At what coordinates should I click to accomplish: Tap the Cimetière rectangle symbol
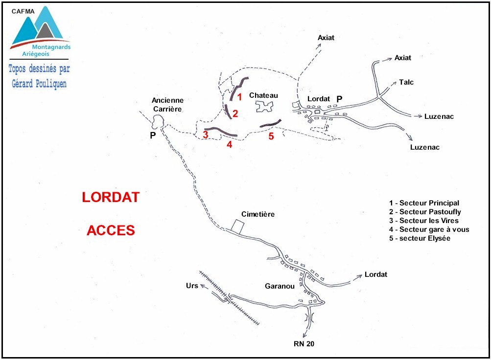pyautogui.click(x=238, y=226)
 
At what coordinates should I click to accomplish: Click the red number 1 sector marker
pyautogui.click(x=239, y=97)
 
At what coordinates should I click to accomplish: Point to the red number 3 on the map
pyautogui.click(x=206, y=135)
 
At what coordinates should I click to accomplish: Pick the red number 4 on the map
pyautogui.click(x=229, y=144)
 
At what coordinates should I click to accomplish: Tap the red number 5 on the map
pyautogui.click(x=271, y=136)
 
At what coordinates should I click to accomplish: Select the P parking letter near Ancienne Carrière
pyautogui.click(x=153, y=135)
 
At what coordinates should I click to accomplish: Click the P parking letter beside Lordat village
pyautogui.click(x=339, y=99)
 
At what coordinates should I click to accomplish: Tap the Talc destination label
pyautogui.click(x=406, y=82)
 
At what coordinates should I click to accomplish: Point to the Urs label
pyautogui.click(x=192, y=285)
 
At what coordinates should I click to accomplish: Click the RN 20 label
pyautogui.click(x=304, y=343)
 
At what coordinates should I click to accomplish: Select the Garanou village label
pyautogui.click(x=280, y=286)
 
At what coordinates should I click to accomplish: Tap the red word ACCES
pyautogui.click(x=111, y=230)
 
